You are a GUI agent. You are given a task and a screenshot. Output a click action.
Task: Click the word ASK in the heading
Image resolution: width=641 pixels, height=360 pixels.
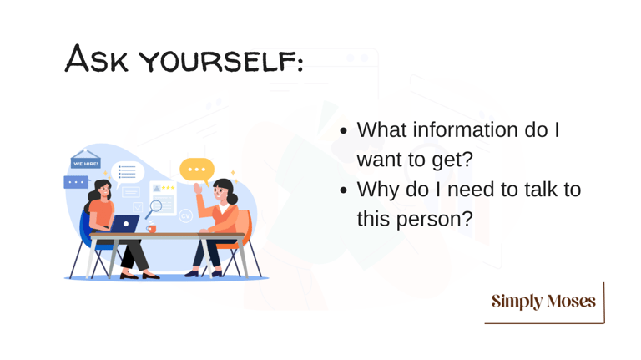coord(97,59)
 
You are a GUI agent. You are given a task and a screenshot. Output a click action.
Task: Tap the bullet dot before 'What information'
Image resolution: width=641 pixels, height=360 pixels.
coord(343,131)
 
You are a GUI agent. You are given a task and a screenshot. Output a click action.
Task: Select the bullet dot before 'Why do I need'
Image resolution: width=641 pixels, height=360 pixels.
coord(343,190)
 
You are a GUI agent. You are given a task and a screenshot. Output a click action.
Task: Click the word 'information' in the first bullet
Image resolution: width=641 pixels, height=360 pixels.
coord(465,130)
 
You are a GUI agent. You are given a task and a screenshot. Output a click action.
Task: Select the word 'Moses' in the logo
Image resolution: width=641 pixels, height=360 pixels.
coord(571,301)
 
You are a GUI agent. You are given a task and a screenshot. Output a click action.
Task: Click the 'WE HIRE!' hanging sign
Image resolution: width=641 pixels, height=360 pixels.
coord(86,160)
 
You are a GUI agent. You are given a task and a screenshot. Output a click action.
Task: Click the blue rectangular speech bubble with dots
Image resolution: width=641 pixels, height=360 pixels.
coord(77,182)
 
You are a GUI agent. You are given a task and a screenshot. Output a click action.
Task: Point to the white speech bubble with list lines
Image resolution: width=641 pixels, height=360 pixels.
coord(127,173)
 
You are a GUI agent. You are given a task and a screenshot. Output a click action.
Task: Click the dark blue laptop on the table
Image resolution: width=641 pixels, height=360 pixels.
coord(124,224)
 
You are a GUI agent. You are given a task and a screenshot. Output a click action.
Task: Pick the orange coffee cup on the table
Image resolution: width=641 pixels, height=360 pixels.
coord(151,228)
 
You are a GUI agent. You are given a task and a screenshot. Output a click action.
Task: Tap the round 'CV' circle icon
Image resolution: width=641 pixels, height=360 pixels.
coord(185,215)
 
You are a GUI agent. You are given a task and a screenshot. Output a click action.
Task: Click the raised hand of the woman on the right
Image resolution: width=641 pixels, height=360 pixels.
coord(198,189)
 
